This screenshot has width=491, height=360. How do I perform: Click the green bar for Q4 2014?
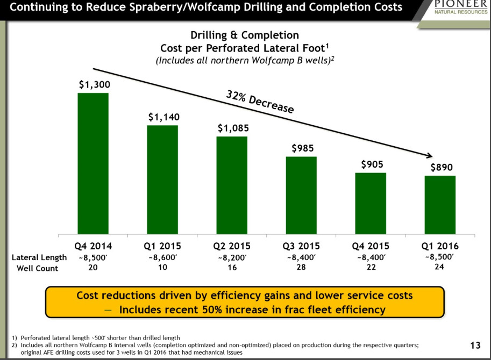(93, 163)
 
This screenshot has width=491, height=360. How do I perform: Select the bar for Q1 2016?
(440, 205)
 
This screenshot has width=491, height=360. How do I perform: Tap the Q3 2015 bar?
(301, 195)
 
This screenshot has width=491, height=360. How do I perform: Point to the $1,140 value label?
(164, 117)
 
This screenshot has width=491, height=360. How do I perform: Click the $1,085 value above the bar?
(233, 128)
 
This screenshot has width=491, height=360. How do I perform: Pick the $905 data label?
(372, 164)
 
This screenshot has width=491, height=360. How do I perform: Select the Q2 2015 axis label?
(232, 246)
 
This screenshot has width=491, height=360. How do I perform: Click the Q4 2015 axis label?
(371, 246)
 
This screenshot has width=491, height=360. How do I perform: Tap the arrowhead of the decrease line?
(429, 155)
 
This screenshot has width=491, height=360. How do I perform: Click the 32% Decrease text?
(260, 102)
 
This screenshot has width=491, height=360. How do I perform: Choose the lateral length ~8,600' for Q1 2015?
(163, 258)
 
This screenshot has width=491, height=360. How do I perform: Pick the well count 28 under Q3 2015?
(301, 268)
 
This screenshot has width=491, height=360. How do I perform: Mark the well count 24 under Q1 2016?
(439, 267)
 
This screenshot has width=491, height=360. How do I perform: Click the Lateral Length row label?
(39, 257)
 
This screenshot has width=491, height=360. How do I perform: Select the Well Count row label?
(37, 268)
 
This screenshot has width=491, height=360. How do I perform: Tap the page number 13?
(475, 345)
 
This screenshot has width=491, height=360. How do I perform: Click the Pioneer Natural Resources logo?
(460, 8)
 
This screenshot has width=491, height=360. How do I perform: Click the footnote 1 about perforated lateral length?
(96, 338)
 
